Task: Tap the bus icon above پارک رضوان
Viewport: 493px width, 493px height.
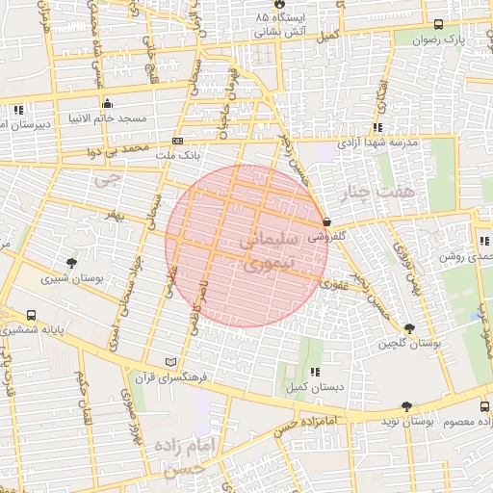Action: point(439,25)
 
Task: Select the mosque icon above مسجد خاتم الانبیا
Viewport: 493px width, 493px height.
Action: point(107,104)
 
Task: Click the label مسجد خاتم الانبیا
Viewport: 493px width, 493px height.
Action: point(106,119)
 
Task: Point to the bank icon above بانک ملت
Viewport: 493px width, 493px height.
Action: point(177,140)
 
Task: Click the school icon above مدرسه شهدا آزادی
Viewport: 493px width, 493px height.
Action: point(378,127)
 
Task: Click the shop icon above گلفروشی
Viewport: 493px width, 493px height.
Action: point(328,221)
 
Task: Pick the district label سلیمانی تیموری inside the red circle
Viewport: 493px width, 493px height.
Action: point(248,248)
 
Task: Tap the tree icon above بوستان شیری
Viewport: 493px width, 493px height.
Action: point(71,263)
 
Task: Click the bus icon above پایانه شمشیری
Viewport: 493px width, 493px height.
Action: point(32,315)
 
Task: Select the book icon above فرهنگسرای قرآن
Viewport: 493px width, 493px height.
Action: point(171,362)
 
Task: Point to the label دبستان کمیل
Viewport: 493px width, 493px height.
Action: point(310,387)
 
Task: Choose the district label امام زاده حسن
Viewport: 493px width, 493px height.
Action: point(186,456)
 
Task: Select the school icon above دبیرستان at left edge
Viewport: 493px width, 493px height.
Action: point(19,109)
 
